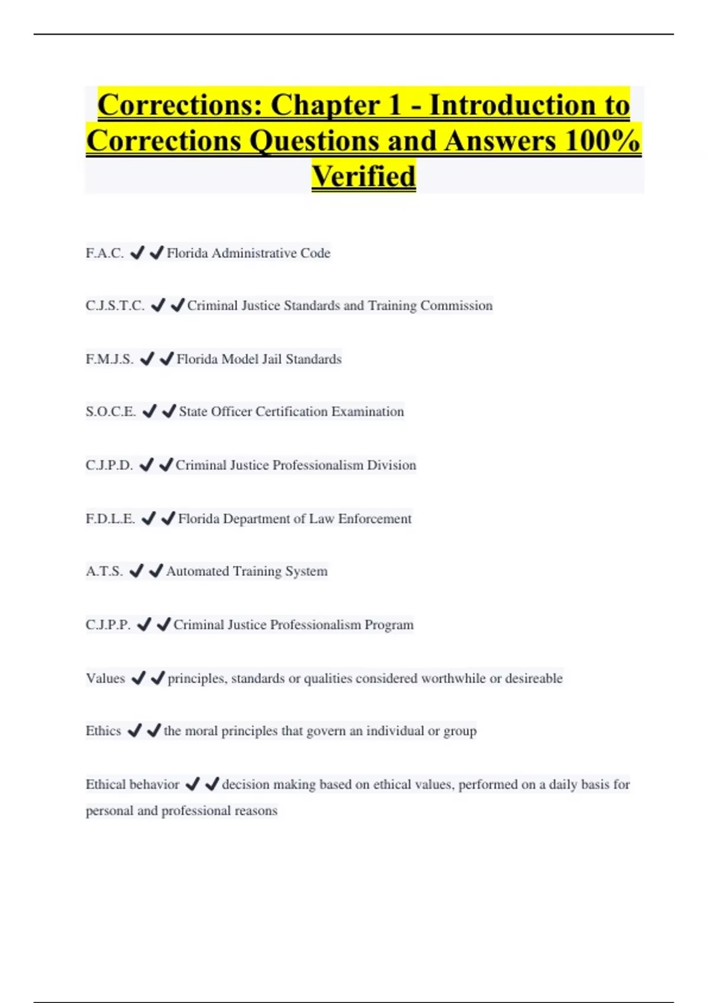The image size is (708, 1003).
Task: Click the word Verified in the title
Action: click(363, 176)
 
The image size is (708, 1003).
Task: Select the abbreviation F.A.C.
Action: click(104, 253)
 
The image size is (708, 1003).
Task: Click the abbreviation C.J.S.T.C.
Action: click(115, 306)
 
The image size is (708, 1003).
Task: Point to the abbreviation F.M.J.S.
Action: click(110, 359)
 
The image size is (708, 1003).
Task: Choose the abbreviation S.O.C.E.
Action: click(111, 411)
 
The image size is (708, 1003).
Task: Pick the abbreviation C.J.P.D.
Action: click(109, 465)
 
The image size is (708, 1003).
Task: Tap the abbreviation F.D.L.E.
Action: click(110, 519)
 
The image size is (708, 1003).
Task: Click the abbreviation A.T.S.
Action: click(104, 571)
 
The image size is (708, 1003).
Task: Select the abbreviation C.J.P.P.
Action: click(108, 625)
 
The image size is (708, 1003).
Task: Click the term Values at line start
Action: click(105, 678)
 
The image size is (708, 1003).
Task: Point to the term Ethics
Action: click(103, 731)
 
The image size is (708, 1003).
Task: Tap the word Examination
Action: click(368, 411)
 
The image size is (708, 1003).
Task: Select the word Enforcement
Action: click(375, 519)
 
